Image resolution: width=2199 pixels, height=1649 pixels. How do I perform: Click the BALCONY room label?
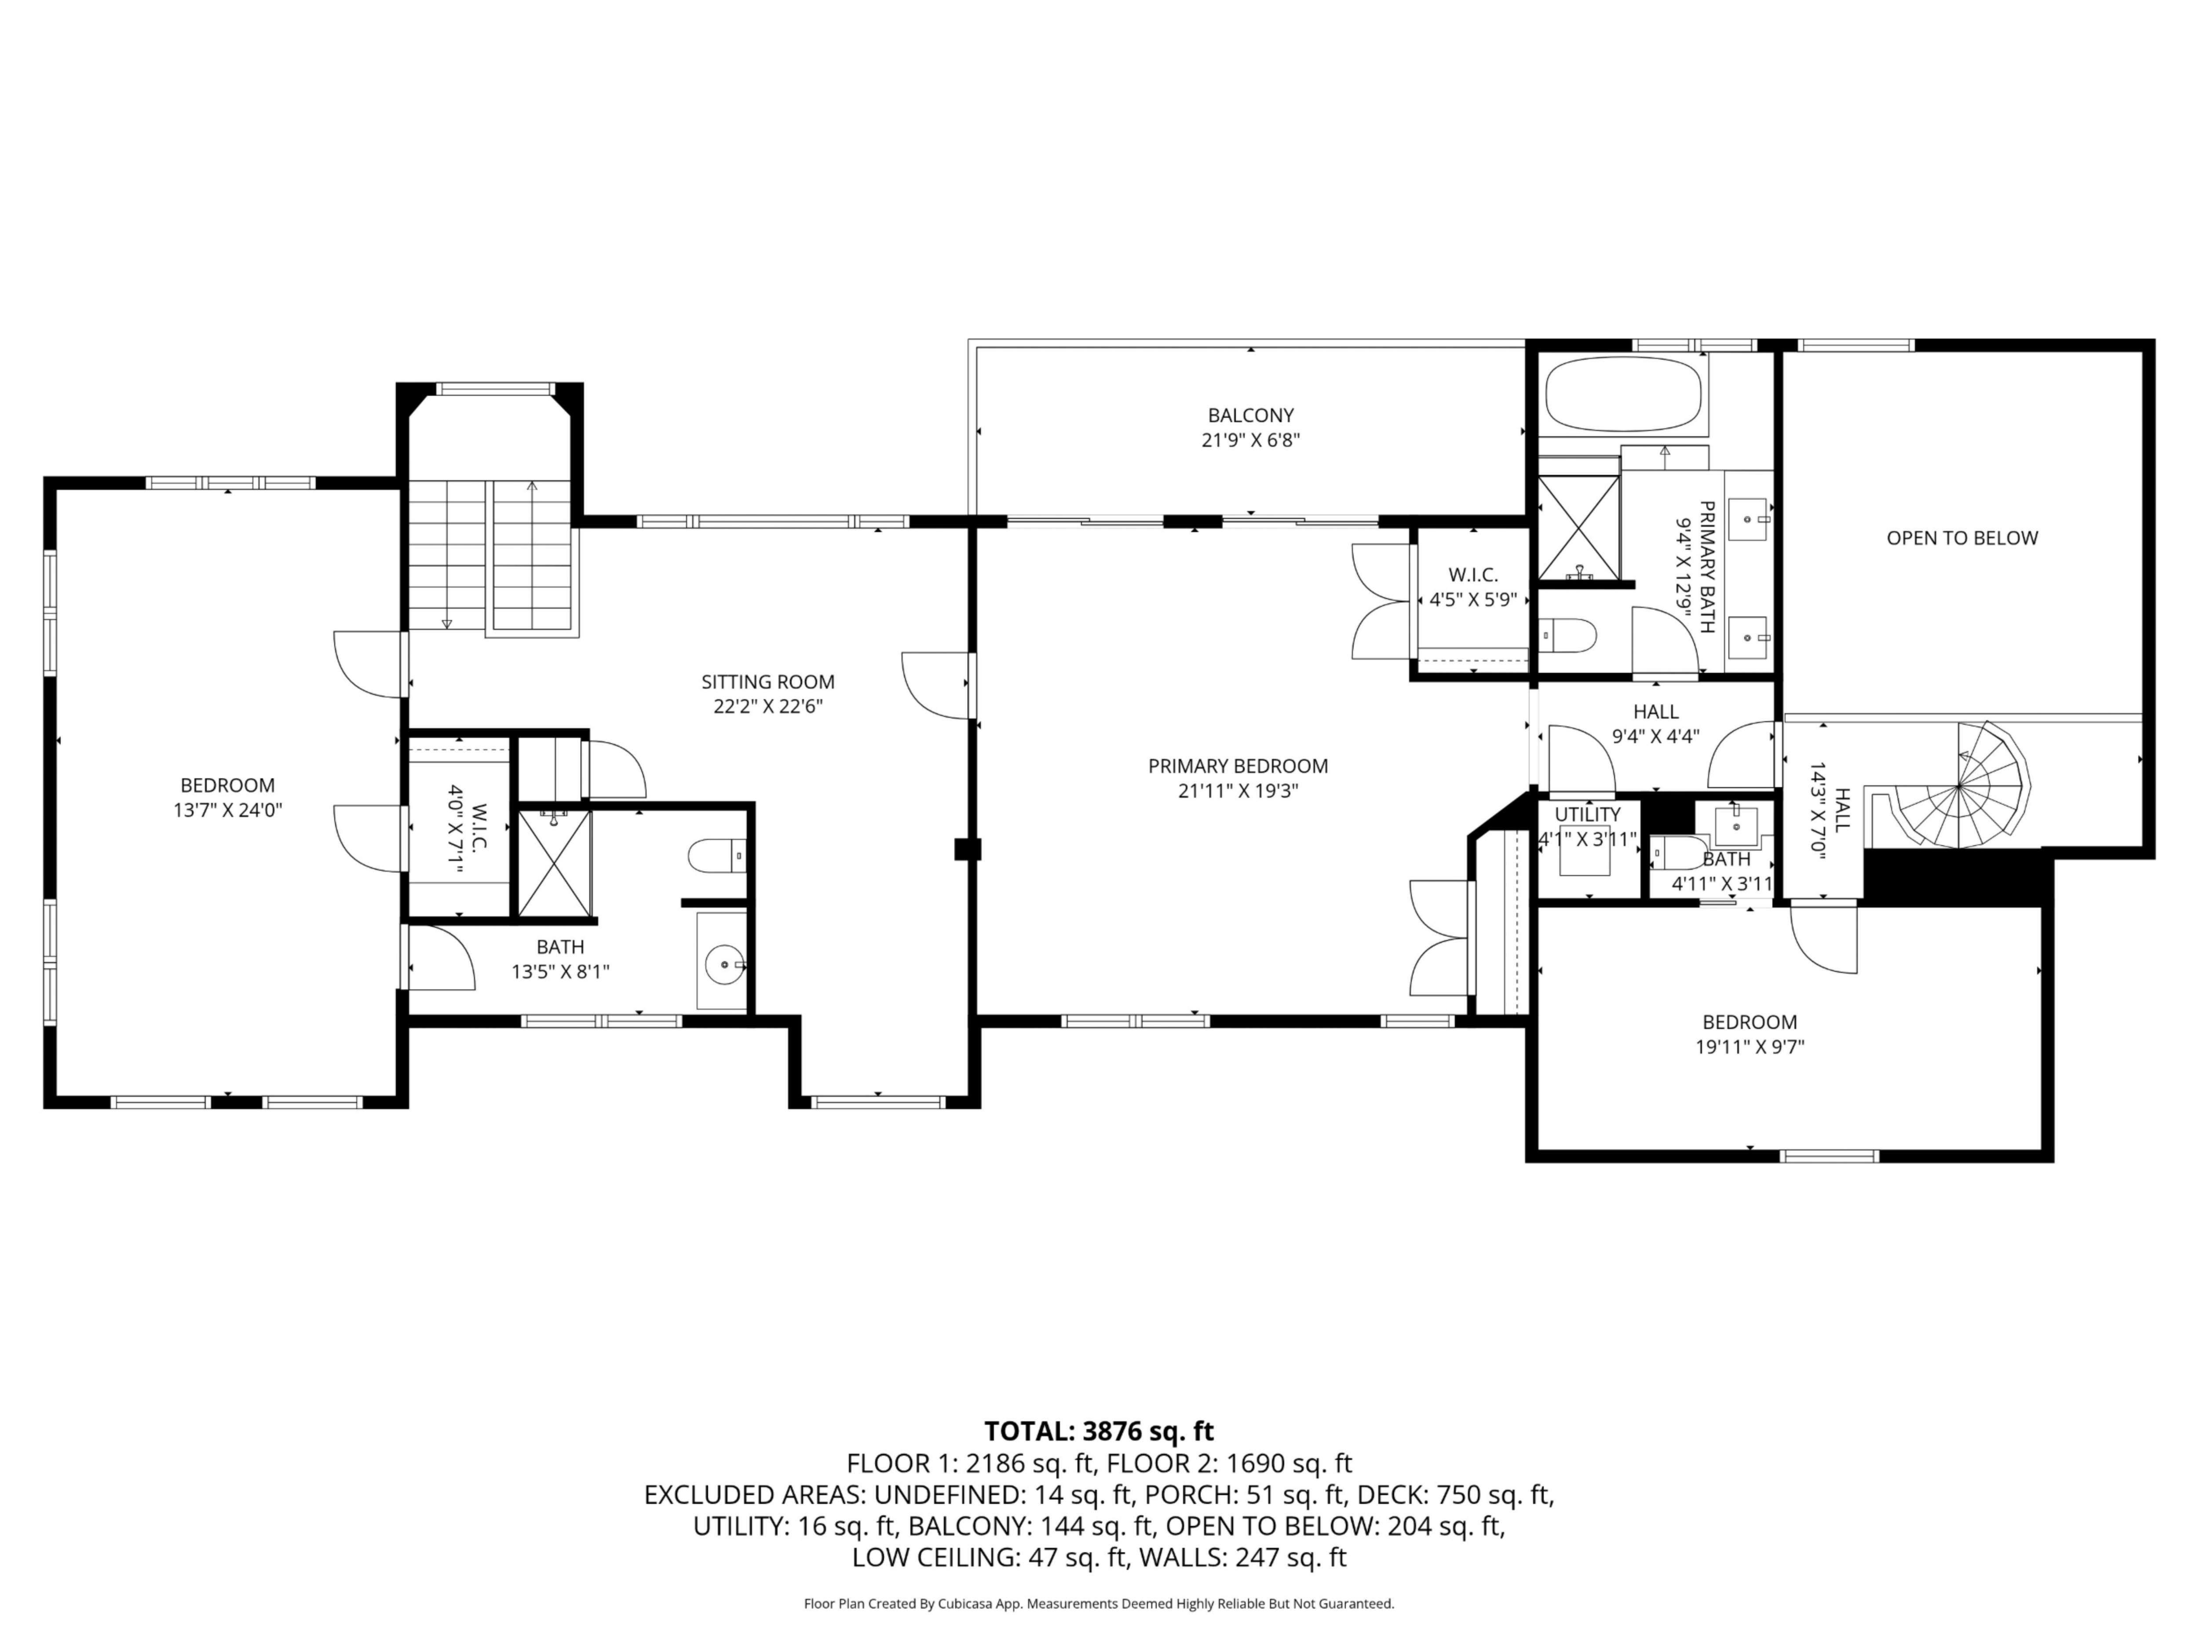point(1251,416)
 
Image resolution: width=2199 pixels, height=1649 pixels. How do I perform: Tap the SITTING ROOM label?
point(767,682)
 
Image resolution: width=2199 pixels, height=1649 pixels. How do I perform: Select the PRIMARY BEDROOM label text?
point(1238,766)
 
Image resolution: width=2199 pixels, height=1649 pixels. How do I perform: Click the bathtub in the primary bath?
point(1623,394)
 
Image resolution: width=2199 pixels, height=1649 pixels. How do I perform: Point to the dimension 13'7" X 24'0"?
point(228,810)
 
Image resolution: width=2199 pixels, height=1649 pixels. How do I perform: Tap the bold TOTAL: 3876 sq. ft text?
point(1099,1431)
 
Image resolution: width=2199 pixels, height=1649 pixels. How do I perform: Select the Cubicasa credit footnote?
point(1099,1603)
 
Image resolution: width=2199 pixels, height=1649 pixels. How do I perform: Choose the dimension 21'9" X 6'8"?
point(1251,440)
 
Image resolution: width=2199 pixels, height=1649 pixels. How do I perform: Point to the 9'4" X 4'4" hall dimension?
point(1655,737)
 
